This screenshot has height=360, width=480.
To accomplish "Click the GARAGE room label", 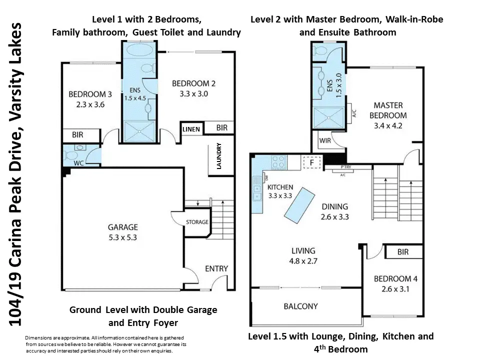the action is (123, 227).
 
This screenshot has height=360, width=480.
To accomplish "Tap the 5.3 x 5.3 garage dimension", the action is (123, 237).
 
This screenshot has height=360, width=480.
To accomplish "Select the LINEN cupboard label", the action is (191, 129).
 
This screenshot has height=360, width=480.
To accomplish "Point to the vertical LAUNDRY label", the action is (219, 156).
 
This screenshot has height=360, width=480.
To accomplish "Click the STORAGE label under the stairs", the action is (197, 222).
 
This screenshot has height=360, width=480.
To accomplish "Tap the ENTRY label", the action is (216, 269).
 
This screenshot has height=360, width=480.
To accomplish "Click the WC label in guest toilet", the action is (78, 163).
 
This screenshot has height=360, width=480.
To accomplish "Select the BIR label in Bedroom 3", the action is (77, 134).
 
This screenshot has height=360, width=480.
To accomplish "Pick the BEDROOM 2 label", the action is (194, 83).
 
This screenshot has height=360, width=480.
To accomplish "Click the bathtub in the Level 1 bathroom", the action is (139, 50).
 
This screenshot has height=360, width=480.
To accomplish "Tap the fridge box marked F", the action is (311, 162).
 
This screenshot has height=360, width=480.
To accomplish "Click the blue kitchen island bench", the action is (299, 205).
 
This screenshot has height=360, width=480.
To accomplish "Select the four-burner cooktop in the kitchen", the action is (279, 161).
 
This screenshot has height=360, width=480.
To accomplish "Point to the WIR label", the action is (325, 140).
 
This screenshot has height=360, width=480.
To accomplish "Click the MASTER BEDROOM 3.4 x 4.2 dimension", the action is (388, 126).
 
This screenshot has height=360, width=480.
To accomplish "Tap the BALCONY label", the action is (300, 306).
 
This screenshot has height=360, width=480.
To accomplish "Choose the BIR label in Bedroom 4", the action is (403, 252).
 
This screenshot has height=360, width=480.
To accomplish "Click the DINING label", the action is (335, 206).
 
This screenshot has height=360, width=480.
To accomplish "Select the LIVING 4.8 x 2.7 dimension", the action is (303, 261).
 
